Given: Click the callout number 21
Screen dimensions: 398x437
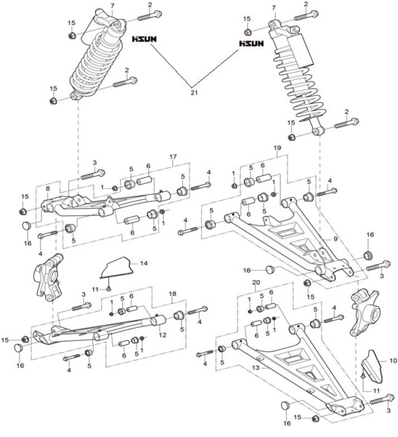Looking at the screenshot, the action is coord(194,92).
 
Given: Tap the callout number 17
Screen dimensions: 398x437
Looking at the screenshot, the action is coord(173,157).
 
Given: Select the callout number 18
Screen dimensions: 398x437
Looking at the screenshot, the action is coord(173,294).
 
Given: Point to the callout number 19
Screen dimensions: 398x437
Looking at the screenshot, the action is coord(277,148).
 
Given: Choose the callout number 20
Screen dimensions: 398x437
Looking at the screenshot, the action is coord(256,282).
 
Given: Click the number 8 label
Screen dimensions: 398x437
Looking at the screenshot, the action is coord(48,188).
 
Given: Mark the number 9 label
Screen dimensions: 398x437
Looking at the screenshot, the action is coord(336,238).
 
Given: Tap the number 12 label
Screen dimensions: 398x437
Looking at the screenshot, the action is coord(163,334).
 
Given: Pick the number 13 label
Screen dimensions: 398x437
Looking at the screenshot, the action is coord(256,368).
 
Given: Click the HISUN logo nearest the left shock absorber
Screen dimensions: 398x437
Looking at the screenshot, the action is coord(145,39).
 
